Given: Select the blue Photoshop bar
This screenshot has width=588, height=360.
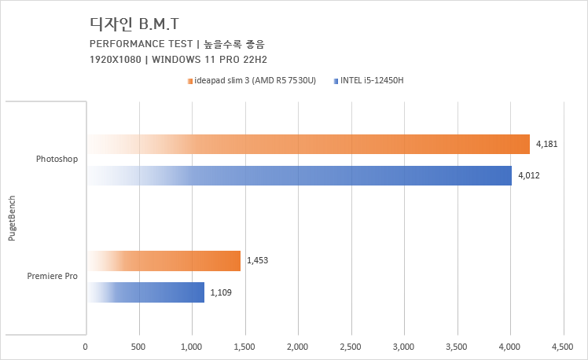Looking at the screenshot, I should coord(299,175).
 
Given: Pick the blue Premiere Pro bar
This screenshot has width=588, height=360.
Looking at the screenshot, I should coord(145,292).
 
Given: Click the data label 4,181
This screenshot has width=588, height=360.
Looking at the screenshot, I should coord(546,144).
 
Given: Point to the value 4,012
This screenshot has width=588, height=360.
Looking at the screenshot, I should coord(528,175).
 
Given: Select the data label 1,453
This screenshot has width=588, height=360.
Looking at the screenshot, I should coord(258,261).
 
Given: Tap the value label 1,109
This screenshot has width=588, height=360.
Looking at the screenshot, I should coord(221,293).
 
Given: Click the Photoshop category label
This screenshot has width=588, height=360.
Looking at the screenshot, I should coord(56,160).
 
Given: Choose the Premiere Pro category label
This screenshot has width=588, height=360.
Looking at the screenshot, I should coord(52,277).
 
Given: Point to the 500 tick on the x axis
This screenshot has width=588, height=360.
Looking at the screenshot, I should coord(138,346).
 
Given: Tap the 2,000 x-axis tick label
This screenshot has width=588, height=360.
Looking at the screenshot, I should coord(298,346).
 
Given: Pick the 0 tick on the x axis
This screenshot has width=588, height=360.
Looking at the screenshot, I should coord(86,346).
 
